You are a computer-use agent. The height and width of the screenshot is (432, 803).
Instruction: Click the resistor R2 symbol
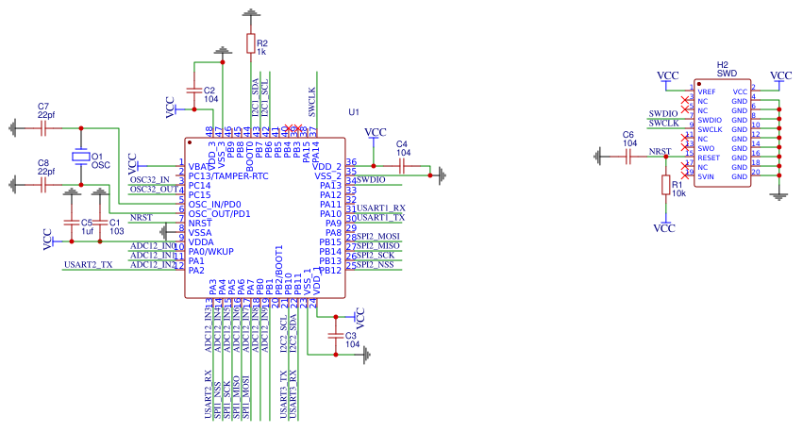click(x=250, y=43)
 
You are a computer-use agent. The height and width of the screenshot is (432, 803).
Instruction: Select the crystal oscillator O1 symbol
click(x=81, y=156)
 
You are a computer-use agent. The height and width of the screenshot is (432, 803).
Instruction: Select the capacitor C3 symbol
click(x=335, y=335)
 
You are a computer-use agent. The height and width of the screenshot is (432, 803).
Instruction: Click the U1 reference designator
click(x=354, y=112)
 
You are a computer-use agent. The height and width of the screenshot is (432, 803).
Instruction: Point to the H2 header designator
click(x=723, y=62)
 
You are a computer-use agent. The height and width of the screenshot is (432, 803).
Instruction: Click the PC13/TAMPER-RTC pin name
click(x=228, y=175)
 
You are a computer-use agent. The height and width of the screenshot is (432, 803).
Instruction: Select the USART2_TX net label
click(x=88, y=265)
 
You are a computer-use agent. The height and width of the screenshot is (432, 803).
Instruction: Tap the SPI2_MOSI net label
click(x=379, y=236)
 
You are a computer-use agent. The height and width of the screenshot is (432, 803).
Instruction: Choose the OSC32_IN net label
click(x=149, y=179)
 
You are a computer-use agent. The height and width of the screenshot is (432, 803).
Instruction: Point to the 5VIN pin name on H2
click(x=707, y=176)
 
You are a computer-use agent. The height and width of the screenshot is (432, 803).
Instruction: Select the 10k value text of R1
click(x=678, y=192)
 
